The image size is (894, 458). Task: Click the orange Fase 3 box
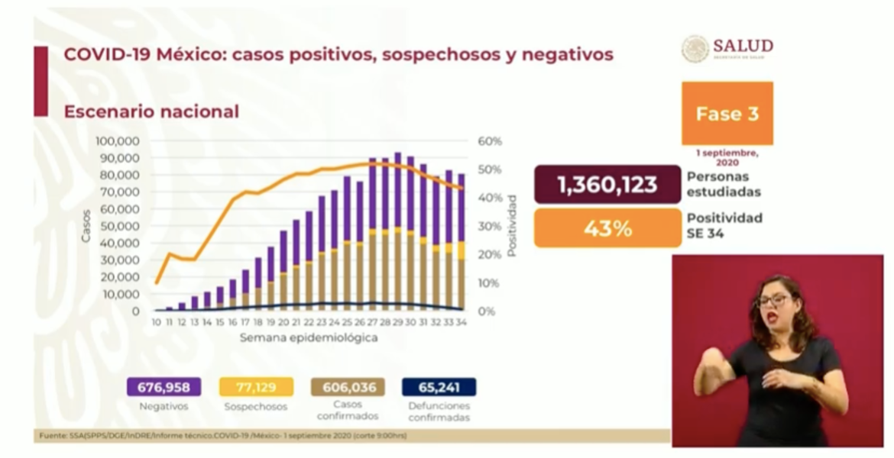click(727, 114)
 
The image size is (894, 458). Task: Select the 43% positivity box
click(607, 228)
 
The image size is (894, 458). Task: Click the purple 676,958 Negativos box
click(164, 387)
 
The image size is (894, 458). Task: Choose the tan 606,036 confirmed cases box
click(348, 387)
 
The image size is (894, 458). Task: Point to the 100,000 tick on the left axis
click(117, 141)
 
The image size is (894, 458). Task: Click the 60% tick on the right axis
click(490, 141)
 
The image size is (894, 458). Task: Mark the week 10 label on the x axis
click(156, 323)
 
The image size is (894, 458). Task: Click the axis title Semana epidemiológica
click(308, 337)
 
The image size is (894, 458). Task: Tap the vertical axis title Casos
click(86, 226)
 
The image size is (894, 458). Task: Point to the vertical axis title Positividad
click(511, 226)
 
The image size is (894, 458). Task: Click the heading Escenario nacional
click(151, 111)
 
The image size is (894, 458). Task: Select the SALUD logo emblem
click(695, 49)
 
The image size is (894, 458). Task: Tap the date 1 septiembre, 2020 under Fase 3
click(727, 157)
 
